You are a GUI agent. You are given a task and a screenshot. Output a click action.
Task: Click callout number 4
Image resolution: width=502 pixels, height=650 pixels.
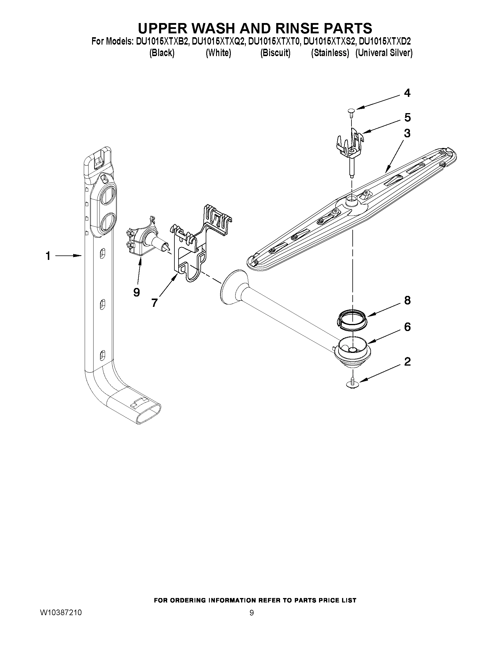point(407,93)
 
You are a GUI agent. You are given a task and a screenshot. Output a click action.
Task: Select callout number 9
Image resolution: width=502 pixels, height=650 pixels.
point(136,293)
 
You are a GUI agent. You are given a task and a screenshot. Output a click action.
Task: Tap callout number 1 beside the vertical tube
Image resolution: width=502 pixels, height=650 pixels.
point(48,256)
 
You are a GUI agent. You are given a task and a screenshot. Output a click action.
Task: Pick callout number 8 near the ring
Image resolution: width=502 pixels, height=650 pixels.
point(407,300)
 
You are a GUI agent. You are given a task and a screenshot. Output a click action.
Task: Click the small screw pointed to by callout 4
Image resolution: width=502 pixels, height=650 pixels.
point(351,111)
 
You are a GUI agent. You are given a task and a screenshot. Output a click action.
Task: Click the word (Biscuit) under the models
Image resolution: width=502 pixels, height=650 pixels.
point(275,53)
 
